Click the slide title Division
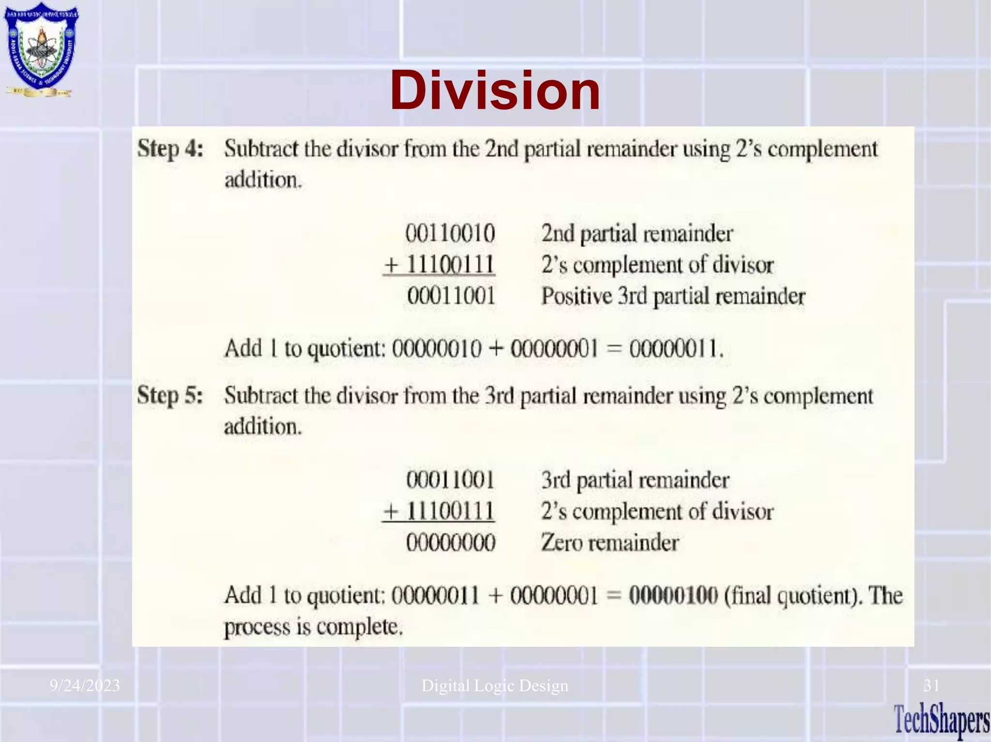click(x=495, y=91)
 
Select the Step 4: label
click(x=170, y=148)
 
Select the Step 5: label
click(x=170, y=395)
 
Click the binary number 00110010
click(x=450, y=234)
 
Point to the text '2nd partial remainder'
click(x=637, y=234)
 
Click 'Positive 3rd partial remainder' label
click(x=673, y=297)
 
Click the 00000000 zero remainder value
click(x=450, y=543)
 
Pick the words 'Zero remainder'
click(x=610, y=543)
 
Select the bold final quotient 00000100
click(x=673, y=595)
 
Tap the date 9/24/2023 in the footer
click(x=85, y=685)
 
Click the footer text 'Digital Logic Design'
click(x=495, y=685)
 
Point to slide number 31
click(x=931, y=685)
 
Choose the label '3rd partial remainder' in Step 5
click(x=635, y=480)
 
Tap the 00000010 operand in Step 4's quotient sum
click(x=436, y=348)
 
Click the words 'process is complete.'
click(x=313, y=627)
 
